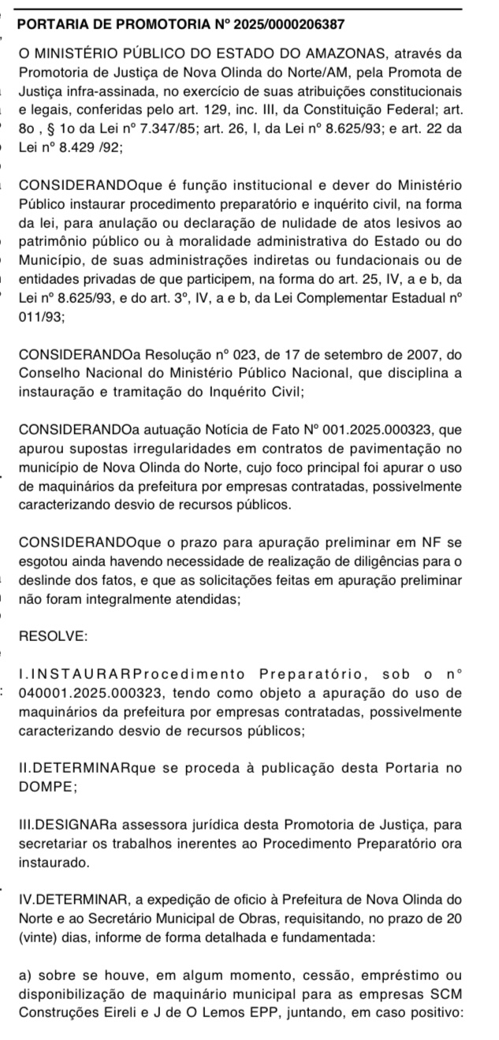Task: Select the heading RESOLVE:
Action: click(53, 636)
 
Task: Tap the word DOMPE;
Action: click(47, 786)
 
